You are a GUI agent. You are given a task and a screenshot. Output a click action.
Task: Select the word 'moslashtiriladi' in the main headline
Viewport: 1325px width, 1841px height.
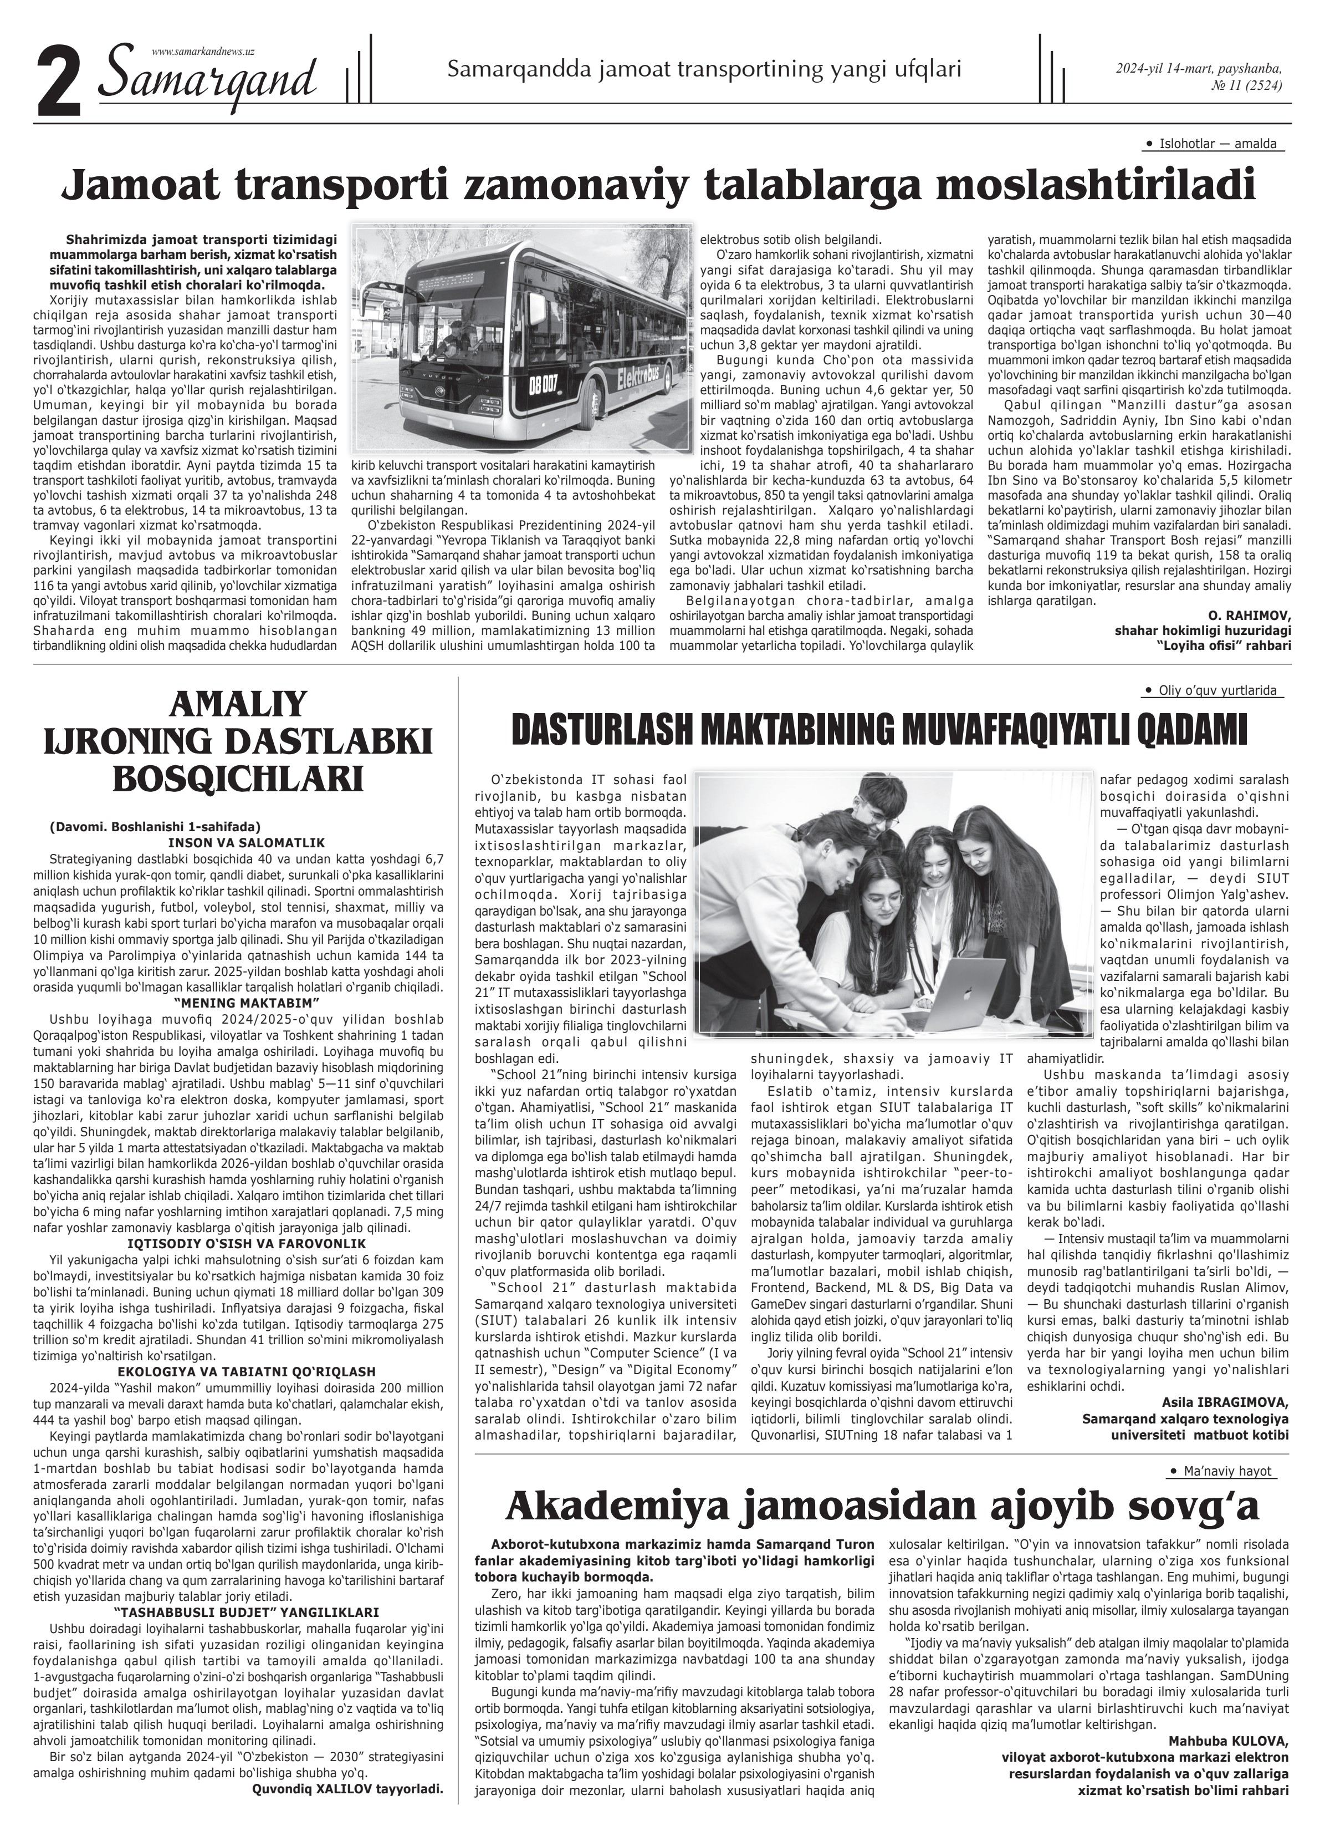click(1096, 185)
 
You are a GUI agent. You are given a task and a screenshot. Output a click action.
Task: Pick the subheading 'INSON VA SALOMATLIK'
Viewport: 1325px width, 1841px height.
click(247, 842)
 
